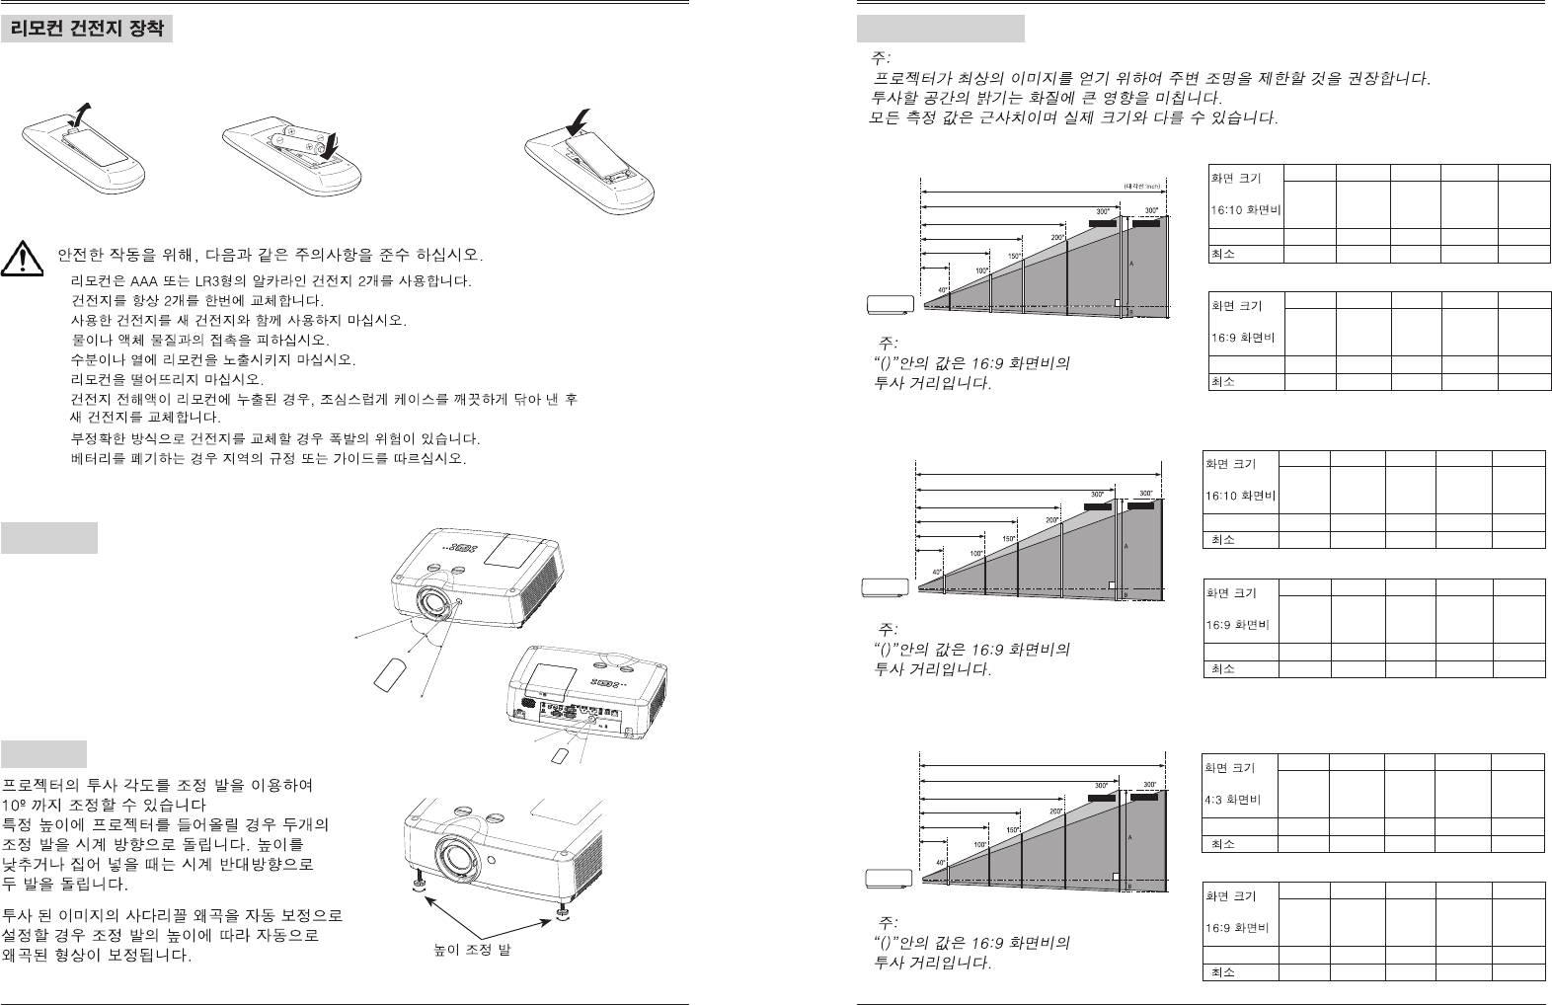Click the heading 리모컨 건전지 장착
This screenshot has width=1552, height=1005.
(87, 30)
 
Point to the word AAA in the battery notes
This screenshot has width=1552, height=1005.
(149, 280)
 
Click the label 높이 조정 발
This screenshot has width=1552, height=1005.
(473, 951)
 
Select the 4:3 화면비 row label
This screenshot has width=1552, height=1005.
(1230, 800)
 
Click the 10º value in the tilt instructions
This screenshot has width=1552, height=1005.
(13, 805)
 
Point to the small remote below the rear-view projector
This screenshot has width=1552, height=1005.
(560, 755)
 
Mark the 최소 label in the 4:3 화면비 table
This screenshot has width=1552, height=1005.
(1222, 844)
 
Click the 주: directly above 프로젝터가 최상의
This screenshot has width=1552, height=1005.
(880, 58)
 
